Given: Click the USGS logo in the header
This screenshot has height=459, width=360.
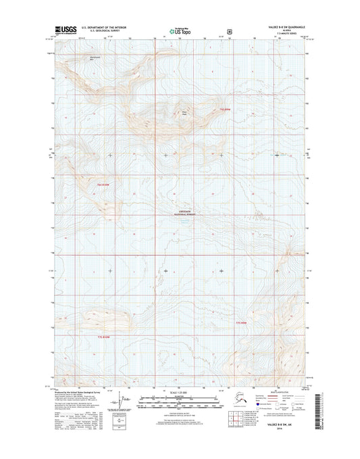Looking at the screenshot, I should (61, 30).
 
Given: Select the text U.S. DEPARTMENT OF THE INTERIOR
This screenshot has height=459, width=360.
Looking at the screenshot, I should (103, 28).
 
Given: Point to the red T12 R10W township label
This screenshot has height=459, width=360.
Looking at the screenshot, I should (102, 184).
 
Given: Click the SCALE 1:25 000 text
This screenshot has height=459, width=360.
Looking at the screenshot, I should (180, 392).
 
